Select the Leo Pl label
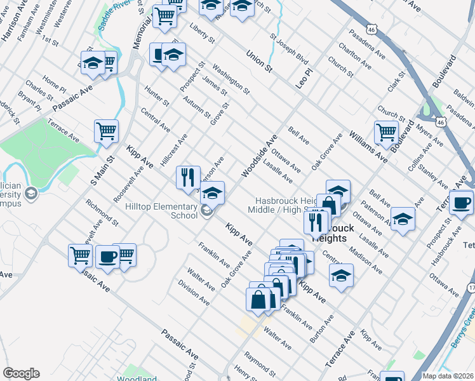(x=305, y=78)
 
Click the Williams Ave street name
(x=368, y=145)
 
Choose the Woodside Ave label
(x=259, y=156)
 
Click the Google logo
(x=21, y=373)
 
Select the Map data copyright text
(x=448, y=376)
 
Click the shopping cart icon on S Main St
(x=106, y=131)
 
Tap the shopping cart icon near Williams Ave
(x=386, y=132)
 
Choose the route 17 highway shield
(x=471, y=288)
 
